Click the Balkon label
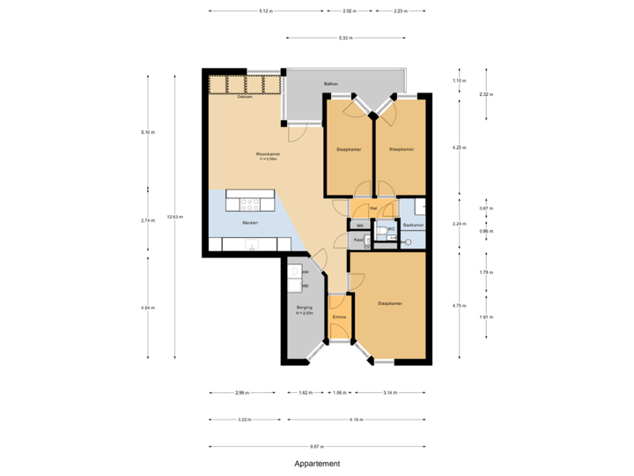331,84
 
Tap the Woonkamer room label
268,155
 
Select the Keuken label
250,222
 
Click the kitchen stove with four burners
250,204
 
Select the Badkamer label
413,226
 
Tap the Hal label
373,209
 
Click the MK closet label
360,226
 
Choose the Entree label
339,317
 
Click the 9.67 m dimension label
317,446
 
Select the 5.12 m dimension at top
265,11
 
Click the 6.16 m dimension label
357,420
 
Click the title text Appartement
317,464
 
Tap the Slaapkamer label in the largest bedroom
390,303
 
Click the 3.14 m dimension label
389,393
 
